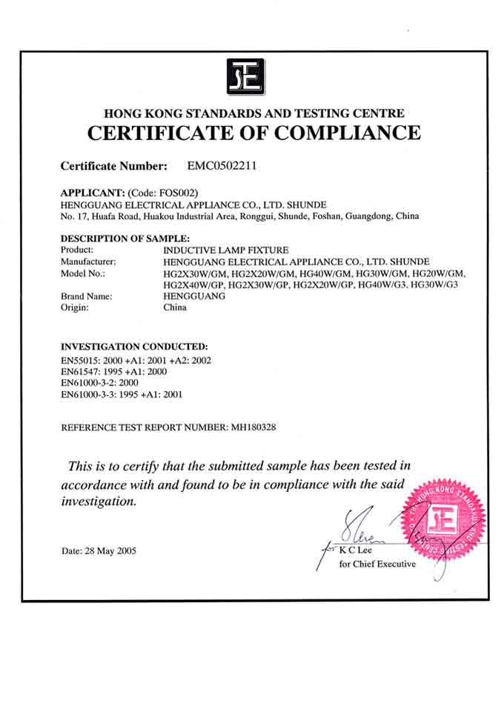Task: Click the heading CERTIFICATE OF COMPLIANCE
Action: tap(254, 133)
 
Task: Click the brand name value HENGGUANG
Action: tap(194, 296)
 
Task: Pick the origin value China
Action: tap(175, 307)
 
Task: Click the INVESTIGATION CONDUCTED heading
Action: tap(134, 346)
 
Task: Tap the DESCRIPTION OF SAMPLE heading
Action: tap(125, 239)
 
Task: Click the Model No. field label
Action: tap(83, 273)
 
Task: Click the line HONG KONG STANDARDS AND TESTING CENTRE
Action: tap(254, 113)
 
